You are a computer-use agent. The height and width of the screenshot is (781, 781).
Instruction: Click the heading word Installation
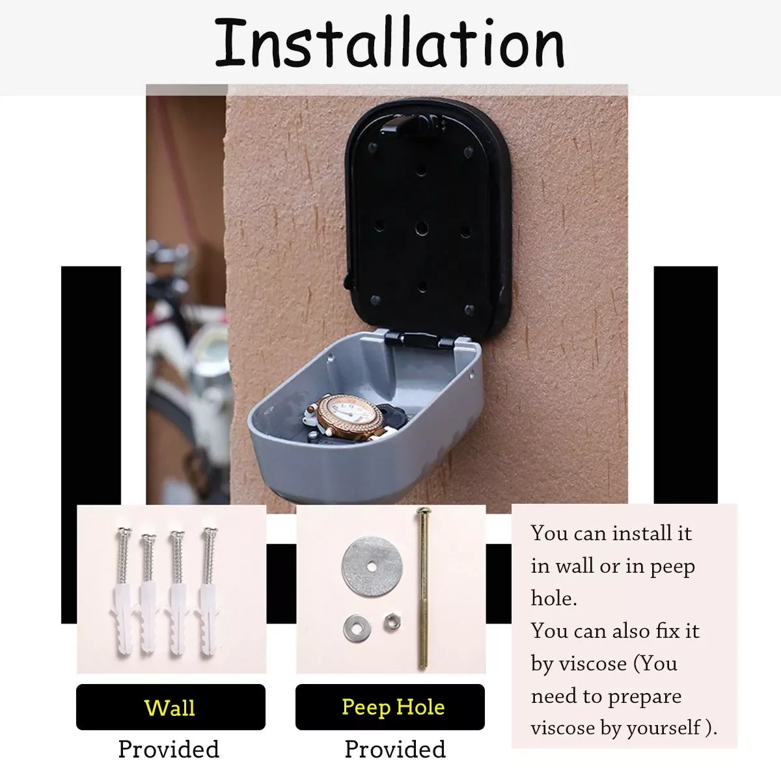(x=389, y=42)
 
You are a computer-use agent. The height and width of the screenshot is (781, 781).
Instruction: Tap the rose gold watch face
(x=349, y=417)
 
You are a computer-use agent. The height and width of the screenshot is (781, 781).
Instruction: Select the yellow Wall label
(x=170, y=707)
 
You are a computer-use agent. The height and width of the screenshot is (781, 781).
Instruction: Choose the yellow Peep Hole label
(x=393, y=707)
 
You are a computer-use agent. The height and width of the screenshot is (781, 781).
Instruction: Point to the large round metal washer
(x=372, y=567)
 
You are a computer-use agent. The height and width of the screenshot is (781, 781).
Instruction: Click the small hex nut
(x=392, y=623)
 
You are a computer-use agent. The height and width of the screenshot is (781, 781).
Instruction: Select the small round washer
(x=357, y=629)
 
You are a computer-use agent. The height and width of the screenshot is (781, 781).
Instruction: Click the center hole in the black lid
(x=422, y=228)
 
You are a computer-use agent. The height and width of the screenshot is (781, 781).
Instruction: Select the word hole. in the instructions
(x=554, y=598)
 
